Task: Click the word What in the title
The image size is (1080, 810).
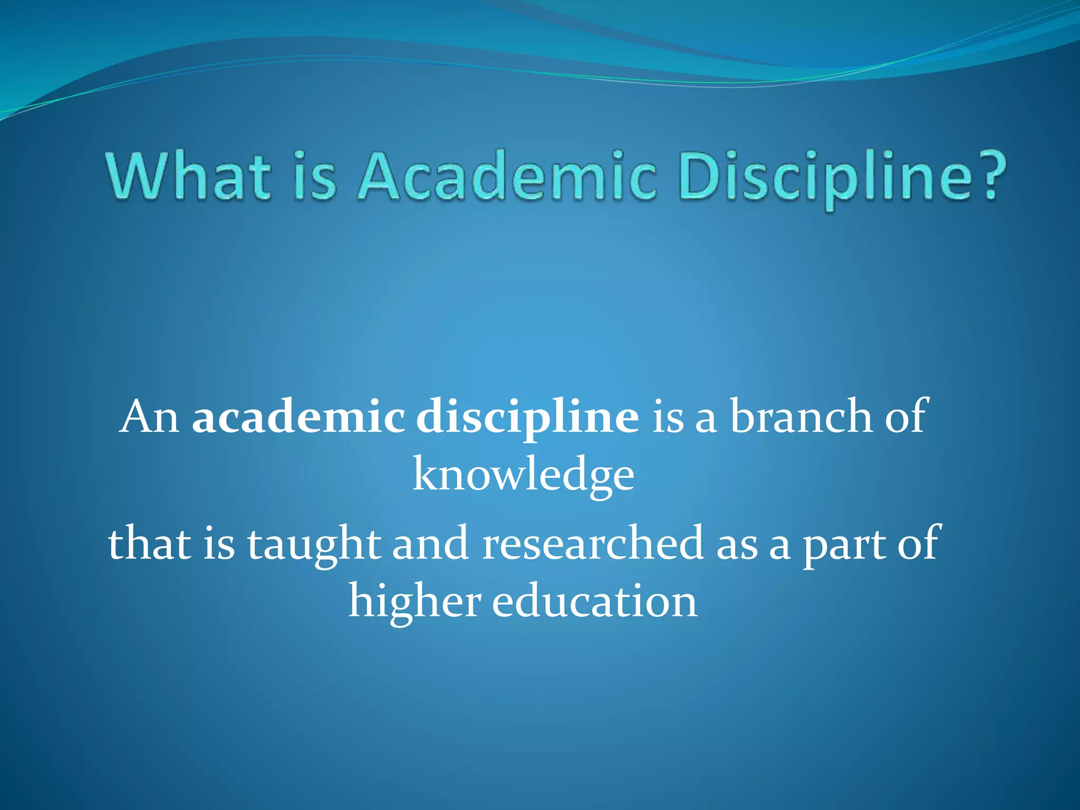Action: pos(189,176)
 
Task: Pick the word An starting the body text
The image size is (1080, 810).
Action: pos(149,417)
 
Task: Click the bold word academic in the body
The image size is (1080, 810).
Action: pos(298,417)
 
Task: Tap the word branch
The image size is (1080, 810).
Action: pos(801,417)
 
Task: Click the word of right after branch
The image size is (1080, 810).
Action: pos(905,417)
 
